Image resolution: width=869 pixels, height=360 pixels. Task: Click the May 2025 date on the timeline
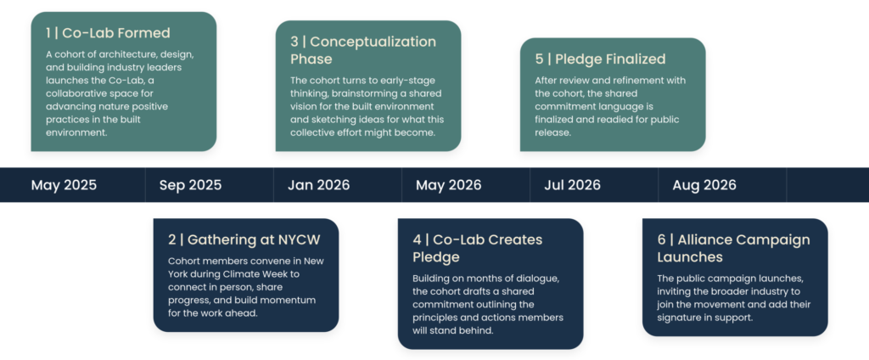click(x=64, y=185)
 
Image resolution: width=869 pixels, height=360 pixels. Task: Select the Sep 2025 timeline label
click(x=190, y=185)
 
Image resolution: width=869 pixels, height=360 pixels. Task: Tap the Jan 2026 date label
click(x=319, y=185)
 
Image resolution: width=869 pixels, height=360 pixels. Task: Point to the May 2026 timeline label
click(x=449, y=185)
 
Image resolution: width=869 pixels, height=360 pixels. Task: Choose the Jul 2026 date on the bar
click(x=573, y=185)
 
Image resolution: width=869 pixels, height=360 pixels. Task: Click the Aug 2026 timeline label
click(x=704, y=185)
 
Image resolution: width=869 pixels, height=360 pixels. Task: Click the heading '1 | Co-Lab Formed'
click(x=108, y=33)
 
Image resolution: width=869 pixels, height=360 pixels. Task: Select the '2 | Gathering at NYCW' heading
click(x=244, y=239)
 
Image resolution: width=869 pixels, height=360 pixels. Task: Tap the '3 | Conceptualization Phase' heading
click(x=363, y=50)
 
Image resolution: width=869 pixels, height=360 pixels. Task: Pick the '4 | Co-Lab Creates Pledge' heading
click(x=478, y=249)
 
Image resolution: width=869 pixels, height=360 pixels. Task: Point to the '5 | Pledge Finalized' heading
click(x=600, y=59)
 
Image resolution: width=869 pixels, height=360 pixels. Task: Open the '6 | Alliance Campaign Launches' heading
click(x=734, y=249)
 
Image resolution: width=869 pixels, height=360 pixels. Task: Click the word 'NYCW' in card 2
click(x=300, y=239)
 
